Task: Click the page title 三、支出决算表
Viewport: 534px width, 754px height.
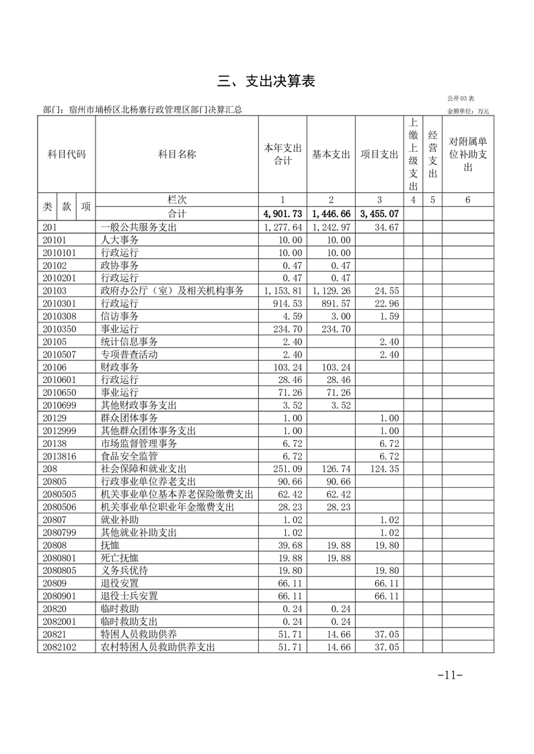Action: (x=266, y=81)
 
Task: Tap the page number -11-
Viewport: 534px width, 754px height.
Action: (x=450, y=674)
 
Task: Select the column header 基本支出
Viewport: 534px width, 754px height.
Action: (x=331, y=154)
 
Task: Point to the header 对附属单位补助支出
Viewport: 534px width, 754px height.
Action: (x=468, y=154)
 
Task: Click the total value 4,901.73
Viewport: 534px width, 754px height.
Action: (x=283, y=214)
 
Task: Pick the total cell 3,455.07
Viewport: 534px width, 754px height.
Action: (x=379, y=214)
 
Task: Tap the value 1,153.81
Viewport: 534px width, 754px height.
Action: (x=283, y=291)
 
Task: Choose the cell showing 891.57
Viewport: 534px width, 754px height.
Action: (x=332, y=304)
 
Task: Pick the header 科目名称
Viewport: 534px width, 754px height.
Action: (x=177, y=154)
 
